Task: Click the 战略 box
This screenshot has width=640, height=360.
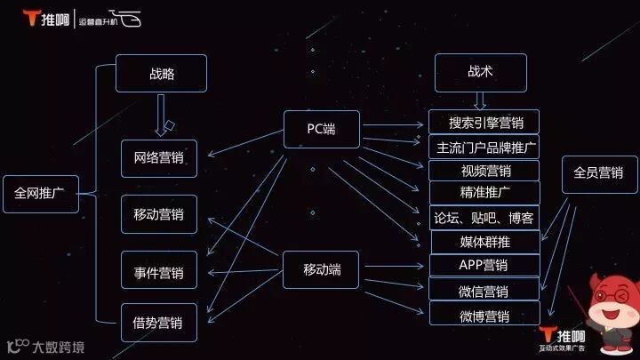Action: pyautogui.click(x=162, y=74)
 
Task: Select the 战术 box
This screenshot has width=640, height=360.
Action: pyautogui.click(x=480, y=73)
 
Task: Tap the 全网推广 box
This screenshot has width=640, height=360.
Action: pyautogui.click(x=40, y=193)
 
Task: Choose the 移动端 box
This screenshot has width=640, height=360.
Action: pyautogui.click(x=321, y=268)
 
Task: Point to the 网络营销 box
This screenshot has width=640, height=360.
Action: pyautogui.click(x=158, y=158)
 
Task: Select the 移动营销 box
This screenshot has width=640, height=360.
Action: pyautogui.click(x=158, y=214)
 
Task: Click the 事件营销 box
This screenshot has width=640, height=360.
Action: pyautogui.click(x=158, y=270)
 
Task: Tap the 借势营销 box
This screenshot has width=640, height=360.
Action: pyautogui.click(x=158, y=321)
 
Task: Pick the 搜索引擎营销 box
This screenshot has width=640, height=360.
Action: pyautogui.click(x=484, y=123)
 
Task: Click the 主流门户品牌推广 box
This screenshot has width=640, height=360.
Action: pyautogui.click(x=484, y=147)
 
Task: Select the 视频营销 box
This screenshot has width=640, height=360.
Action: pyautogui.click(x=484, y=171)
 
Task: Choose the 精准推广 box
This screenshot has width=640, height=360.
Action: pyautogui.click(x=484, y=193)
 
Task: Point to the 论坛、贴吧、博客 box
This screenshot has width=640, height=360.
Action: pyautogui.click(x=484, y=218)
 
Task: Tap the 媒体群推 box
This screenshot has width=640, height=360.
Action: pyautogui.click(x=485, y=241)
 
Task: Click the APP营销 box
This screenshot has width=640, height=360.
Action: pyautogui.click(x=485, y=265)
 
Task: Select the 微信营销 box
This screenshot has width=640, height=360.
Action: pyautogui.click(x=485, y=290)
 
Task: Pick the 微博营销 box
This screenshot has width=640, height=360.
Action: pyautogui.click(x=485, y=315)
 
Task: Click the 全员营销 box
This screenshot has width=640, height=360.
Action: pyautogui.click(x=599, y=174)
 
